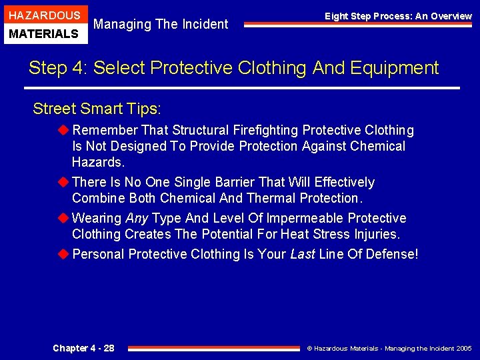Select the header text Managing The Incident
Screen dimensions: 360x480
click(x=161, y=25)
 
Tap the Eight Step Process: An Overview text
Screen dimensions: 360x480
click(x=398, y=16)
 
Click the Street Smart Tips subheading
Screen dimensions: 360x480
click(x=97, y=108)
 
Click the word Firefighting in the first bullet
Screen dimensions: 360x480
click(x=265, y=130)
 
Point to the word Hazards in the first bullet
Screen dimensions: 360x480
click(x=97, y=162)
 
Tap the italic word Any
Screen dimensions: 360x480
click(x=137, y=218)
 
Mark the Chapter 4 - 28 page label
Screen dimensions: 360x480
click(x=83, y=348)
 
